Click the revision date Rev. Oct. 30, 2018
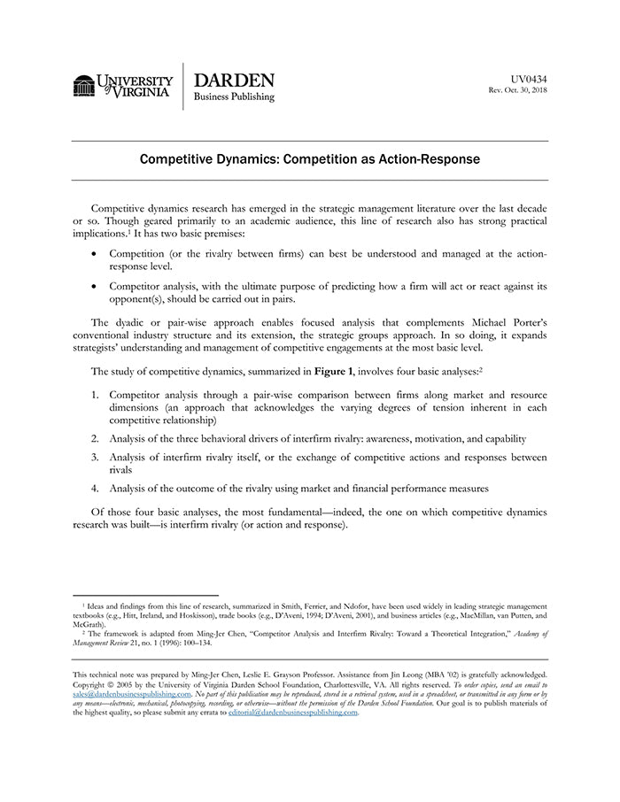[518, 90]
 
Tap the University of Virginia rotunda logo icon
[84, 86]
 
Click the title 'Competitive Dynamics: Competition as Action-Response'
[310, 160]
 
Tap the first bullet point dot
[95, 254]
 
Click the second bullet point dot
[95, 286]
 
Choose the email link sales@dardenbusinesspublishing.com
[132, 694]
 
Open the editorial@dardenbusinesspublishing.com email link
[293, 712]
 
